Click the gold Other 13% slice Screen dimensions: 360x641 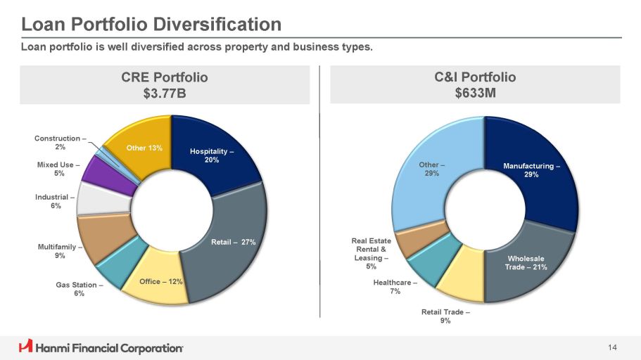click(144, 148)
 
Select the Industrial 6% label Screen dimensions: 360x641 click(56, 201)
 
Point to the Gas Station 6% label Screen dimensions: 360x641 click(80, 289)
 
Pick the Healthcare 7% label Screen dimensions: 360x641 click(395, 286)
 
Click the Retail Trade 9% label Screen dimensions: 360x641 click(445, 316)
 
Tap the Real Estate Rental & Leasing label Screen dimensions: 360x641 click(371, 254)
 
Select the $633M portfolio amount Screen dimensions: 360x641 click(475, 93)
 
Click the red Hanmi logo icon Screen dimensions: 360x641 click(25, 347)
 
